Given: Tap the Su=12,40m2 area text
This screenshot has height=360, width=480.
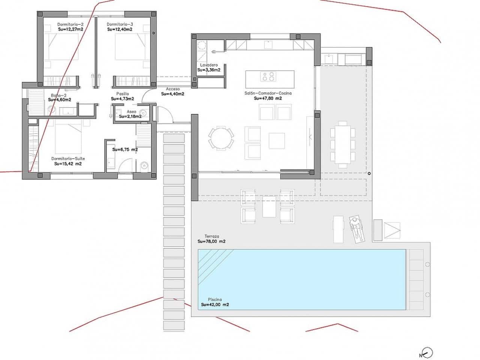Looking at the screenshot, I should [120, 29].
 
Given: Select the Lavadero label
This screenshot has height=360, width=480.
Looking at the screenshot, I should [208, 65].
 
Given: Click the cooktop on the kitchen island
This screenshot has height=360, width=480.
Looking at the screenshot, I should [268, 76].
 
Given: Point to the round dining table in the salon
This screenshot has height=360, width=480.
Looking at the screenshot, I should [221, 138].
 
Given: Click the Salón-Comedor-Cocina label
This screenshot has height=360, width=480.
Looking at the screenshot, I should [267, 93].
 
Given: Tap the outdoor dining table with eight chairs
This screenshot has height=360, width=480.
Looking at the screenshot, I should [343, 144].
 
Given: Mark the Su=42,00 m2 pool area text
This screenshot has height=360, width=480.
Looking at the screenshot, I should [215, 305].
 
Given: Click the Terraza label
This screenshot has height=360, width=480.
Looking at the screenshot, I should [212, 236].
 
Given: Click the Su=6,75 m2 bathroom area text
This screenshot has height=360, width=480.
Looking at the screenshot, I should [125, 149].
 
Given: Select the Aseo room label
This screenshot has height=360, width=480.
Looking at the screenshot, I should [131, 112].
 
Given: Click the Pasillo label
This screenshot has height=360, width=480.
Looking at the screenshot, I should [122, 94].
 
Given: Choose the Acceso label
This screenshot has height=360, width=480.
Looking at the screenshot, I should [172, 89].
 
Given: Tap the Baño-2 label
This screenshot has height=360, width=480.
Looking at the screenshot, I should [59, 95].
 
